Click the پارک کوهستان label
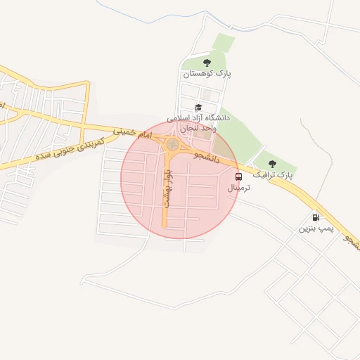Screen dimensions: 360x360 (x=207, y=73)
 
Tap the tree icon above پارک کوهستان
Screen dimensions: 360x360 (x=206, y=62)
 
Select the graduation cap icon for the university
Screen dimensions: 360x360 (x=198, y=108)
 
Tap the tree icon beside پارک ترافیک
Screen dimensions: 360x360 (x=272, y=164)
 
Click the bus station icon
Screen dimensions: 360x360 (x=239, y=176)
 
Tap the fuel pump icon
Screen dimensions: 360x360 (x=314, y=217)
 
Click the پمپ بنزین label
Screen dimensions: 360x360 (x=315, y=229)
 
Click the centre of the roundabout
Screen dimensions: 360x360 (x=172, y=145)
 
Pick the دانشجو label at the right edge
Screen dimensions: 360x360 (x=351, y=242)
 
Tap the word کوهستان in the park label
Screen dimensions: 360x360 (x=197, y=73)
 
